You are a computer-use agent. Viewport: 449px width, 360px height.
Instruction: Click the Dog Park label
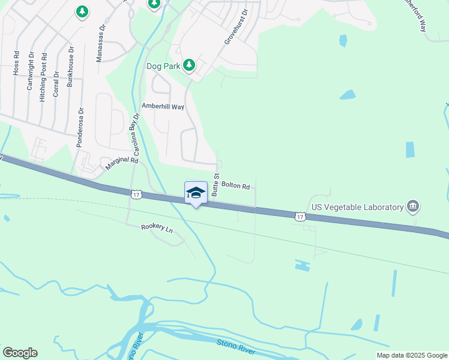[163, 65]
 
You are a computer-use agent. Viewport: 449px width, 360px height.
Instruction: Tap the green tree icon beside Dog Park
[189, 65]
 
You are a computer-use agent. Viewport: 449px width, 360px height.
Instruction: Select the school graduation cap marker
[196, 193]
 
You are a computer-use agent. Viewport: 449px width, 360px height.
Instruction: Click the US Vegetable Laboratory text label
[357, 207]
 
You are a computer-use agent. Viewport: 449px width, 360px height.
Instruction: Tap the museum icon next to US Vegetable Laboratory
[412, 207]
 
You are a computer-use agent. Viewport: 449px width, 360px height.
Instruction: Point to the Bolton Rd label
[235, 185]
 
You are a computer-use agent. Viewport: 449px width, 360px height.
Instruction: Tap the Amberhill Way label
[163, 106]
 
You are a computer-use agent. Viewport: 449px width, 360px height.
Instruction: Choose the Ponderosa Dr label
[79, 127]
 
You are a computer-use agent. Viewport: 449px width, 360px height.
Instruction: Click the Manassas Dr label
[101, 43]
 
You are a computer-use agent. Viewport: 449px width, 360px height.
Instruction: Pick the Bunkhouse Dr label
[70, 67]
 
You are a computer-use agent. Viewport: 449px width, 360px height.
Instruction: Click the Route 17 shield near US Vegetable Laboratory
[300, 215]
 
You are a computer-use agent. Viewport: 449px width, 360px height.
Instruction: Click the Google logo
[20, 353]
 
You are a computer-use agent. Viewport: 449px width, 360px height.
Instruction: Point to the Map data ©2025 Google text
[411, 355]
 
